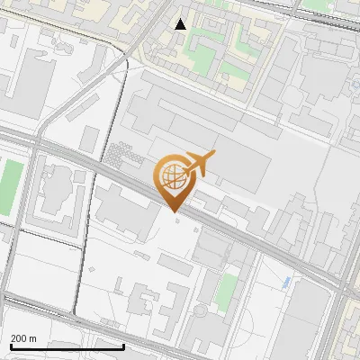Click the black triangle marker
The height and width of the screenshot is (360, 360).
pyautogui.click(x=181, y=24)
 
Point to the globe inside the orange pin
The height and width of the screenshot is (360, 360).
pyautogui.click(x=172, y=175)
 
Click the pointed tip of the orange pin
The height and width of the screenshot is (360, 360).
pyautogui.click(x=174, y=211)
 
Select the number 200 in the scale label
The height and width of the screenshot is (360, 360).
pyautogui.click(x=19, y=338)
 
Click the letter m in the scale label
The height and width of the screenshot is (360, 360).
pyautogui.click(x=33, y=338)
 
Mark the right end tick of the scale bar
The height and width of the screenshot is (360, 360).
pyautogui.click(x=123, y=346)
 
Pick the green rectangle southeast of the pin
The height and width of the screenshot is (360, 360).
pyautogui.click(x=229, y=292)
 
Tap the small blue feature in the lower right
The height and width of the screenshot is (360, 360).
pyautogui.click(x=287, y=283)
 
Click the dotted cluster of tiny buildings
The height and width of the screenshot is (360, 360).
pyautogui.click(x=122, y=157)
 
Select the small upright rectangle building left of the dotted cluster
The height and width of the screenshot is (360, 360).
pyautogui.click(x=90, y=139)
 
